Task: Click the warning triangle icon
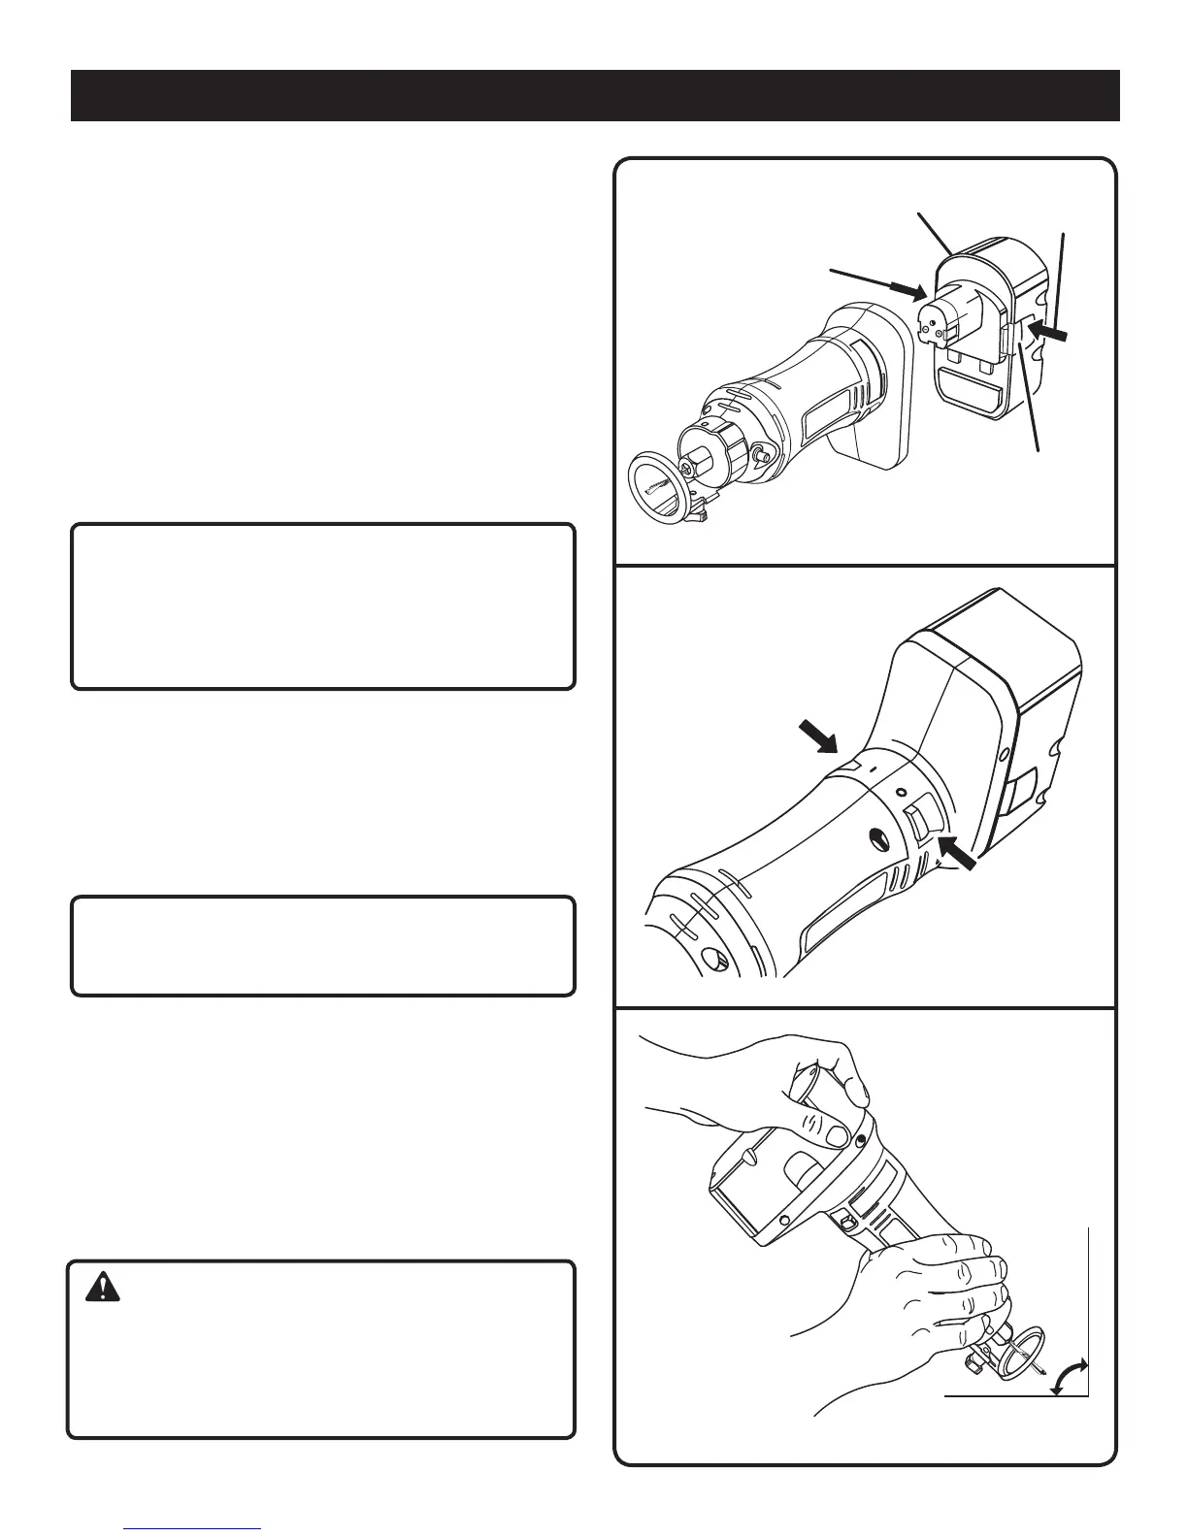(x=101, y=1288)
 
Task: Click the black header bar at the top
(x=595, y=95)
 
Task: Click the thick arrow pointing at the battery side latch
(x=1049, y=333)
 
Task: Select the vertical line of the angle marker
(x=1089, y=1310)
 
